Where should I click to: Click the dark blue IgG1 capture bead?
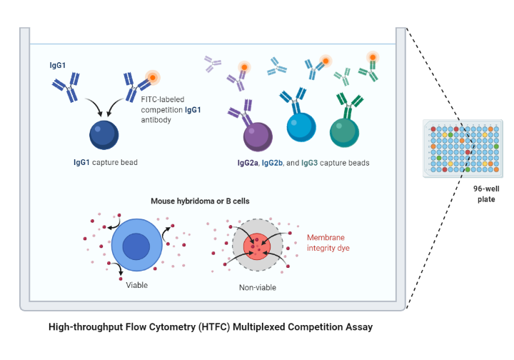click(x=104, y=135)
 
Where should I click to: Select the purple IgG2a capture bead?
click(x=255, y=134)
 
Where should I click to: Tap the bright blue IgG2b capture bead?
click(x=300, y=129)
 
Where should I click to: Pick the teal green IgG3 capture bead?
click(x=346, y=131)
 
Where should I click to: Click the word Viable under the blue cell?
click(x=137, y=285)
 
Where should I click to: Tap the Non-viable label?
click(x=258, y=288)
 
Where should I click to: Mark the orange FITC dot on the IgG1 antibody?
click(x=151, y=77)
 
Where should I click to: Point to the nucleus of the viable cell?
click(x=136, y=247)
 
